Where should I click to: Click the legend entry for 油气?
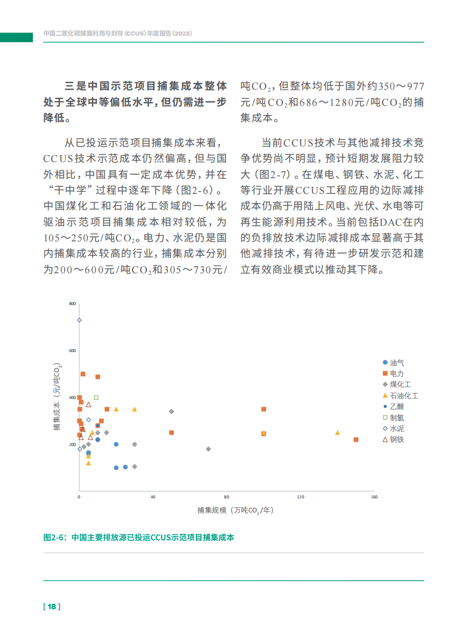coord(393,363)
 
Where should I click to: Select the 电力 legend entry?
coord(393,374)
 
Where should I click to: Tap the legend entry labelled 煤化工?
coord(396,384)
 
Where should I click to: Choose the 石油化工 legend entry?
coord(400,396)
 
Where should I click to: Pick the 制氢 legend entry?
coord(393,417)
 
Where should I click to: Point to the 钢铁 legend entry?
coord(393,440)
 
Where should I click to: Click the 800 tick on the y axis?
coord(73,304)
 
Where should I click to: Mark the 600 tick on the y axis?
coord(73,351)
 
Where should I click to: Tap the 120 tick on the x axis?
coord(300,497)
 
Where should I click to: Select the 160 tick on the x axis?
coord(374,497)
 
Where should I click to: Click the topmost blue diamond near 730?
coord(79,320)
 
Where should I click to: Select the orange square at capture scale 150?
coord(356,440)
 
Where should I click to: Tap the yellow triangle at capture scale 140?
coord(337,433)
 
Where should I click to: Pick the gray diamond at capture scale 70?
coord(208,449)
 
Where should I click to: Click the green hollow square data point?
coord(96,397)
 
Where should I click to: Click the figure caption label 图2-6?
coord(55,537)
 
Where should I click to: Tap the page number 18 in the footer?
coord(52,606)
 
